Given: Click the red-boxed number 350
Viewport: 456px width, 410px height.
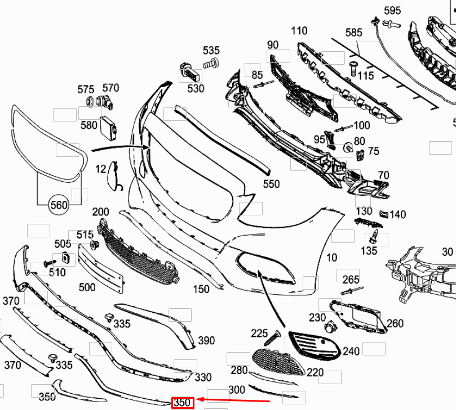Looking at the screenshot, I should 182,403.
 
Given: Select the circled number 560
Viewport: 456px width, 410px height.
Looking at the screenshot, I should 59,205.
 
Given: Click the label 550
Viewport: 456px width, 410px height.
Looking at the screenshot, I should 271,184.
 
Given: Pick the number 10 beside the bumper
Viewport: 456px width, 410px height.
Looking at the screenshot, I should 331,258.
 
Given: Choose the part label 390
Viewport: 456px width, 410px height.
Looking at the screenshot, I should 206,340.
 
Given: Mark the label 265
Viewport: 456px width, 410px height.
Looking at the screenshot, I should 351,280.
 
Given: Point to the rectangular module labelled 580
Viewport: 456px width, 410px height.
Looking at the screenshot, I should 108,127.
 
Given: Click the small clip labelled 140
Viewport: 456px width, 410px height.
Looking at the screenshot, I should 384,214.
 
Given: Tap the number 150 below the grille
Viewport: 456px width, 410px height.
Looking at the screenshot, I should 201,289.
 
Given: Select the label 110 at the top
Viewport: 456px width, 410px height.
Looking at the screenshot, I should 299,31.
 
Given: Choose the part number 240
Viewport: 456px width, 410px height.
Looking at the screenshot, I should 351,352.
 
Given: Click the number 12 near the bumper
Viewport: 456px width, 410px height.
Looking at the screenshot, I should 100,169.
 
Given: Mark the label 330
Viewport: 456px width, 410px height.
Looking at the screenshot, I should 203,377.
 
